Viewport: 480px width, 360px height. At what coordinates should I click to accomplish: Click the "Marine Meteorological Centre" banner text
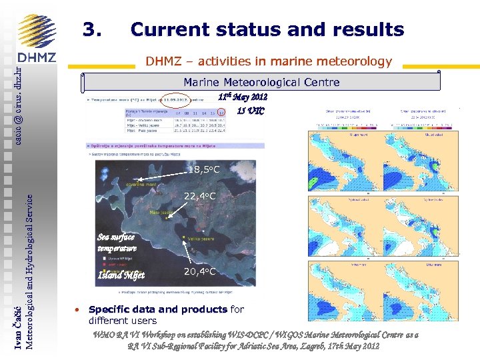261,83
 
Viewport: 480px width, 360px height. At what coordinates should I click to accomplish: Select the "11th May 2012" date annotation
243,97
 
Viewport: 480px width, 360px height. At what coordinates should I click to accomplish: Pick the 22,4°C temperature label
199,196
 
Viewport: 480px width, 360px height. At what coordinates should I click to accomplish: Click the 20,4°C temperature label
199,271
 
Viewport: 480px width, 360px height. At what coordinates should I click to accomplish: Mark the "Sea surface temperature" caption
117,243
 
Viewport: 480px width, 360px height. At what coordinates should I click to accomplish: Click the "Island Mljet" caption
121,275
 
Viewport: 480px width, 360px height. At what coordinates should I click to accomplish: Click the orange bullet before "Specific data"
78,311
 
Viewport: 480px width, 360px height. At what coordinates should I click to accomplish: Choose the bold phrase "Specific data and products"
157,309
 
